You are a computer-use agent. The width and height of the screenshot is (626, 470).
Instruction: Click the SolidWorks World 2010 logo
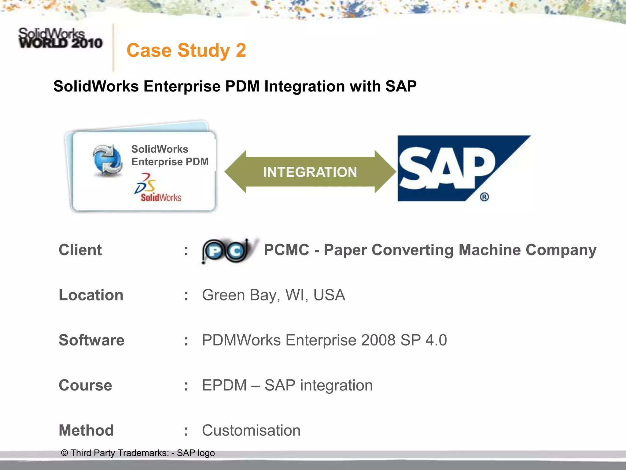tap(60, 39)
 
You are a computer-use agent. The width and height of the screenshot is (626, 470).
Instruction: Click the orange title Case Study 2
tap(186, 50)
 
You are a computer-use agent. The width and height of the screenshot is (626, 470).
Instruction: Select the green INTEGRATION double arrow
tap(310, 172)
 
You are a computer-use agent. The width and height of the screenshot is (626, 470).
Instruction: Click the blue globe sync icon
tap(108, 160)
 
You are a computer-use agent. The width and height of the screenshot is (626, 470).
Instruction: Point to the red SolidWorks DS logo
tap(157, 188)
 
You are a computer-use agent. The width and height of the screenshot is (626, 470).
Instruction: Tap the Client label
tap(80, 250)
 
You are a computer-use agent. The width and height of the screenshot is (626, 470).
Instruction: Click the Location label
tap(91, 295)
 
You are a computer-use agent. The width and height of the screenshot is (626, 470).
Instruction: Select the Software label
tap(91, 340)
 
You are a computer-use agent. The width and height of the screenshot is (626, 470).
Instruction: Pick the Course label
tap(85, 385)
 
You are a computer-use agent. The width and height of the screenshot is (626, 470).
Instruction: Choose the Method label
tap(86, 430)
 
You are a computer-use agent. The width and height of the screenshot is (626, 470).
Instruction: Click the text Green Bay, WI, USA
tap(273, 295)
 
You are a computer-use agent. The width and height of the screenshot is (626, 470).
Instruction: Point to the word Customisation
tap(251, 430)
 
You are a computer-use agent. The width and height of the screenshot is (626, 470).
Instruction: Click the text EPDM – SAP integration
tap(287, 385)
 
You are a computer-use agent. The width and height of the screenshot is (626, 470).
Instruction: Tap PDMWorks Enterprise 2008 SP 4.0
tap(324, 340)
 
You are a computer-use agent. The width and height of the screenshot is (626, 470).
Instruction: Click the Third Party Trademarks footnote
tap(138, 453)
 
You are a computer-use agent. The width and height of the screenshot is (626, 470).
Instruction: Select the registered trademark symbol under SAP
tap(484, 197)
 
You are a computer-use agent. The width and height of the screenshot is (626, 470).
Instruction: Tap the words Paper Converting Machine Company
tap(460, 250)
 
